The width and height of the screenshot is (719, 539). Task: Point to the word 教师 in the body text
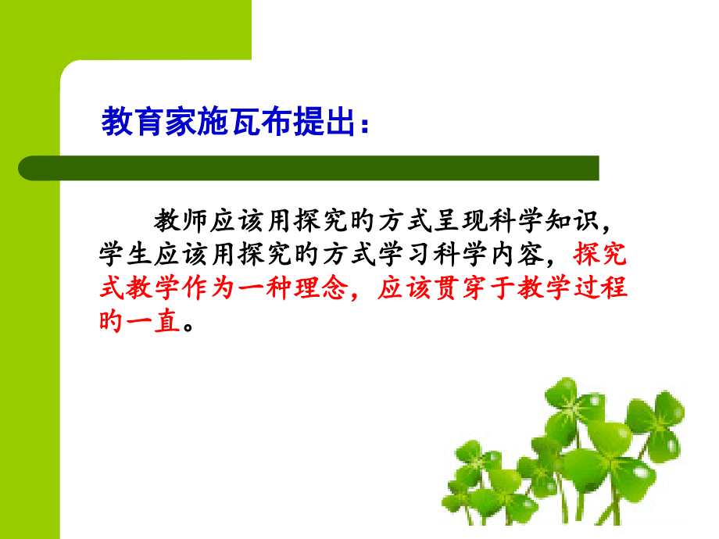(x=181, y=221)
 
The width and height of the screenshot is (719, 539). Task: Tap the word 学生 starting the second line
(x=125, y=255)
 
